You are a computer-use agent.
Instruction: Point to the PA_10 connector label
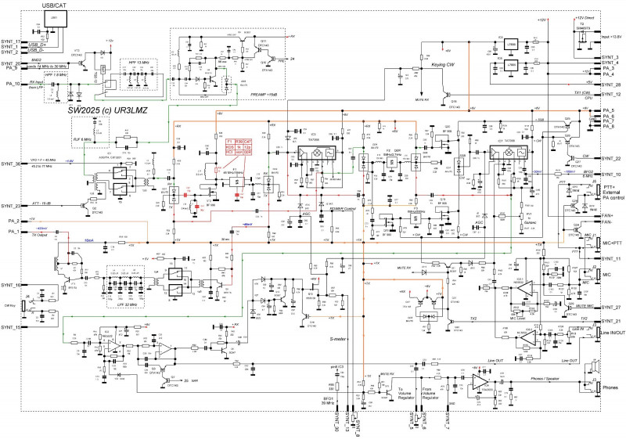[11, 83]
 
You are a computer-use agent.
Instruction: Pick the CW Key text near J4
[11, 305]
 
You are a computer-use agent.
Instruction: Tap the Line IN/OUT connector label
[612, 335]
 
